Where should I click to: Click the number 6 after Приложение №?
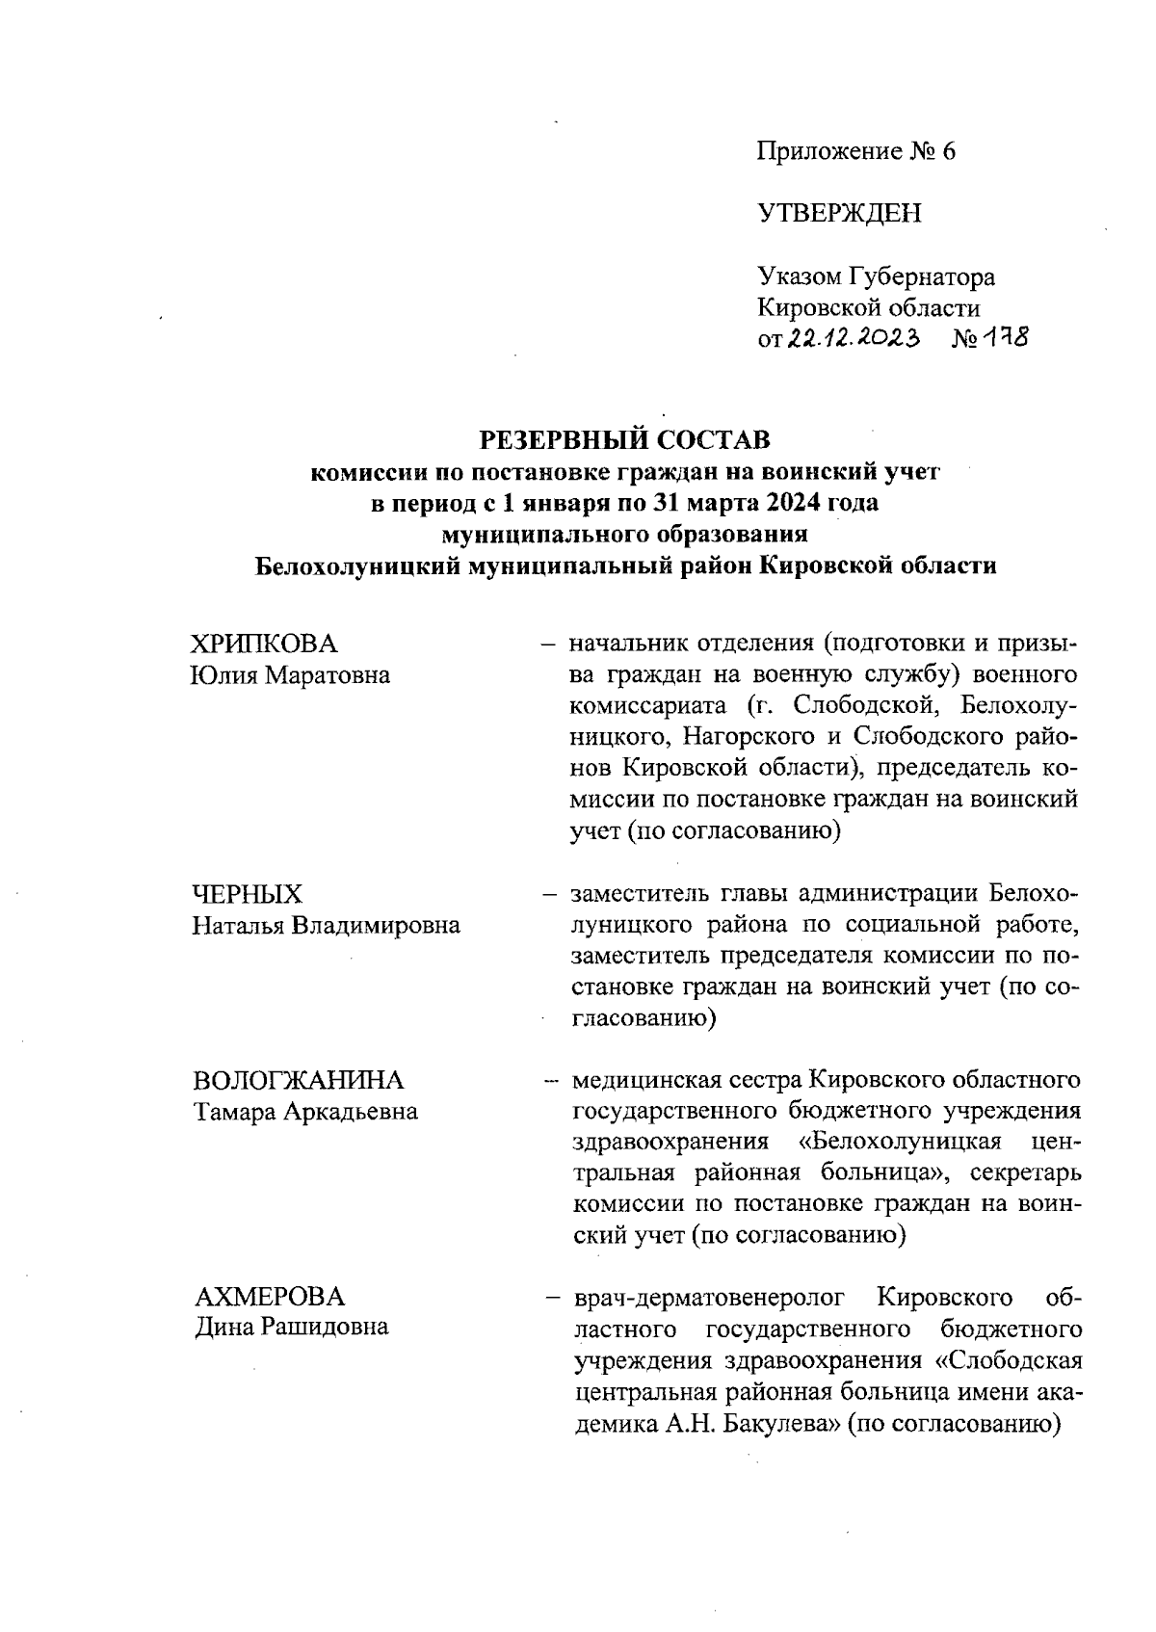click(947, 152)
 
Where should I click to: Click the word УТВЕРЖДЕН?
click(839, 213)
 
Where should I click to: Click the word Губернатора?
click(921, 277)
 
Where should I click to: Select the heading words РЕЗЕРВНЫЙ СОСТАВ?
click(625, 441)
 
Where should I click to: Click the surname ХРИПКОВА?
click(265, 645)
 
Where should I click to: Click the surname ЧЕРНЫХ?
click(248, 894)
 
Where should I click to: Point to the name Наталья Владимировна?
click(326, 926)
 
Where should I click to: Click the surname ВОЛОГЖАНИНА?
click(299, 1080)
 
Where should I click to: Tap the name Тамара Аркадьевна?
click(305, 1112)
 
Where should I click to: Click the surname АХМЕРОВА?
click(269, 1296)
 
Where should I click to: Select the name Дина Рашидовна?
click(291, 1327)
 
